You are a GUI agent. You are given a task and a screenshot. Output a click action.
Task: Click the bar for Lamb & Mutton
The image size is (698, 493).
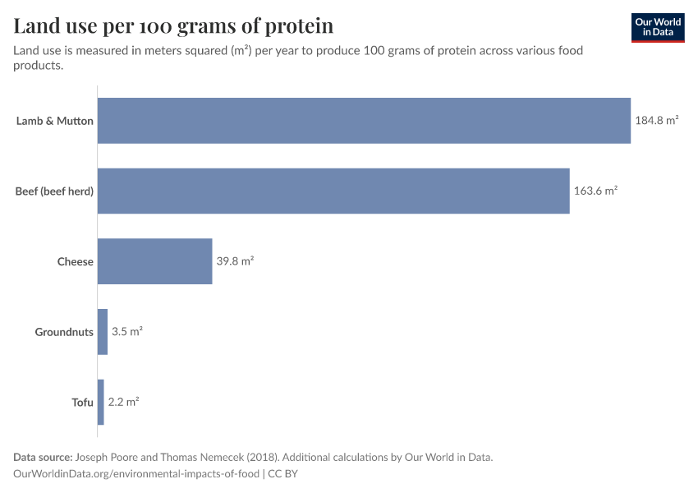pyautogui.click(x=364, y=121)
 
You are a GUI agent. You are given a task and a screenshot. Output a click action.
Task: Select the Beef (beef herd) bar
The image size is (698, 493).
pyautogui.click(x=333, y=191)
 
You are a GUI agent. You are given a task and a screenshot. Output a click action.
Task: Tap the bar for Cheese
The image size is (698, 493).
pyautogui.click(x=155, y=261)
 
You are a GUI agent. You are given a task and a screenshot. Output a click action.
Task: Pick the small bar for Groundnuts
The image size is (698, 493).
pyautogui.click(x=103, y=332)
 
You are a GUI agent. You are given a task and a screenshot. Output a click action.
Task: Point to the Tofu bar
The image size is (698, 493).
pyautogui.click(x=101, y=402)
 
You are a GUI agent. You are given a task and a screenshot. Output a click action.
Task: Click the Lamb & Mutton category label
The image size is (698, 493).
pyautogui.click(x=55, y=121)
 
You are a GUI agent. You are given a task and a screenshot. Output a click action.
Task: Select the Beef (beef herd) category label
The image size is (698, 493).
pyautogui.click(x=54, y=191)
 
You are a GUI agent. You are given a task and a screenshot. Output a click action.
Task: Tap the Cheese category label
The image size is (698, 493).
pyautogui.click(x=75, y=262)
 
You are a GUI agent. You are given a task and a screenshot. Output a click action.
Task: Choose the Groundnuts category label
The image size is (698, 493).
pyautogui.click(x=64, y=332)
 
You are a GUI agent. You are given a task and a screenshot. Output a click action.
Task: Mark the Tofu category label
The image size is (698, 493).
pyautogui.click(x=82, y=403)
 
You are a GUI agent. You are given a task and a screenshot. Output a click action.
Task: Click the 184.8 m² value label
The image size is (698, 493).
pyautogui.click(x=656, y=120)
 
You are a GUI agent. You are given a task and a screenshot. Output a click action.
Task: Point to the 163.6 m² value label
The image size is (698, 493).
pyautogui.click(x=595, y=191)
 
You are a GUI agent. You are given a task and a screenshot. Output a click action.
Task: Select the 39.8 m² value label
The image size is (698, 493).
pyautogui.click(x=235, y=261)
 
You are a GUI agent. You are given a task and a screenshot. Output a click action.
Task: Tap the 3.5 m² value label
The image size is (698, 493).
pyautogui.click(x=127, y=331)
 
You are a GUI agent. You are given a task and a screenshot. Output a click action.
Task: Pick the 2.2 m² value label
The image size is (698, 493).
pyautogui.click(x=123, y=402)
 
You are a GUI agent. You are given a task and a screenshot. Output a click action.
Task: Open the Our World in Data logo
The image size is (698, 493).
pyautogui.click(x=658, y=27)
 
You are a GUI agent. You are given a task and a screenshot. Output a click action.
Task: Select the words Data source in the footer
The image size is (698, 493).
pyautogui.click(x=42, y=457)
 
